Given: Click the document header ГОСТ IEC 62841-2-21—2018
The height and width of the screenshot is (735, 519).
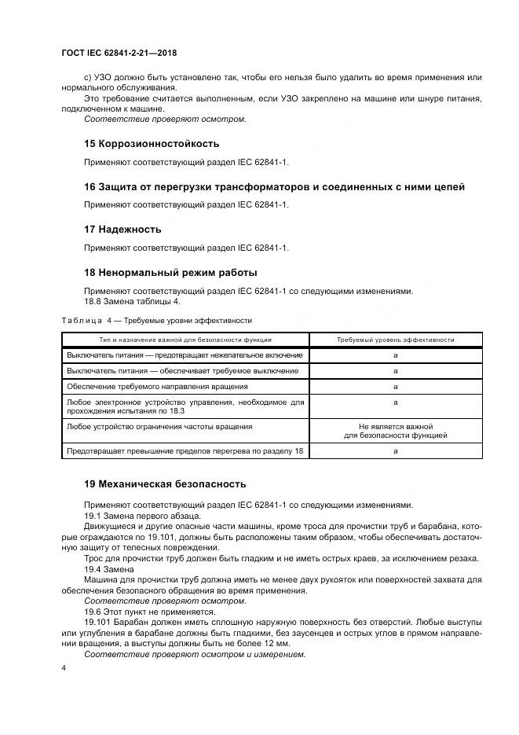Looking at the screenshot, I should [x=118, y=53].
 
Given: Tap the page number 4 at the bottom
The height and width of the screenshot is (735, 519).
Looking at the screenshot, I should [x=62, y=667].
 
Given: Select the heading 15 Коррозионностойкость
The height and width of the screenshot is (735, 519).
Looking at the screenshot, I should [x=152, y=144].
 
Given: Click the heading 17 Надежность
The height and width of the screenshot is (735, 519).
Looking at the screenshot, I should [x=122, y=229].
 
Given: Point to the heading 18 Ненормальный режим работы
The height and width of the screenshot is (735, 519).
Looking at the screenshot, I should [x=170, y=272].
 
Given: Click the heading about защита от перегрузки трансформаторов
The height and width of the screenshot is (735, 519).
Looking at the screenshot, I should [x=274, y=186].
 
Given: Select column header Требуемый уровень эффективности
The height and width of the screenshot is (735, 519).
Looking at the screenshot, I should [x=395, y=340].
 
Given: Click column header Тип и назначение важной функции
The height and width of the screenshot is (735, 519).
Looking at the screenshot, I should [x=185, y=340].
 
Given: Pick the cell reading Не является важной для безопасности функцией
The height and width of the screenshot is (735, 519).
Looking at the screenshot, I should [x=395, y=430].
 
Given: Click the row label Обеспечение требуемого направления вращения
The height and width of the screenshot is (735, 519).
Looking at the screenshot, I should [x=157, y=386].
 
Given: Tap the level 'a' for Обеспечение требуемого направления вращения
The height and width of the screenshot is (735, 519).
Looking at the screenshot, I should [x=395, y=386].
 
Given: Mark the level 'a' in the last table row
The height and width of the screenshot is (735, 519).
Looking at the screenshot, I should [x=395, y=450].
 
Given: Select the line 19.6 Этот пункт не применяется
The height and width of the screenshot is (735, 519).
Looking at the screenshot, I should [x=149, y=610].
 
